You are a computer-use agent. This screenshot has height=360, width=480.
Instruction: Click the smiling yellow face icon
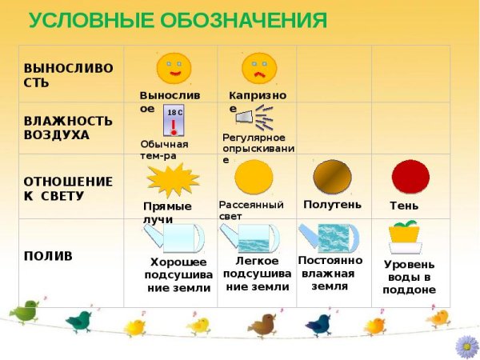174,68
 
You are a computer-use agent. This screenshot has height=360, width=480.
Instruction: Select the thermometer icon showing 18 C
174,122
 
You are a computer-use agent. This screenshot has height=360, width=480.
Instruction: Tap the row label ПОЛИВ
48,256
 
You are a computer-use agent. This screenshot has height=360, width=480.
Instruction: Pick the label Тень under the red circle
403,206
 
